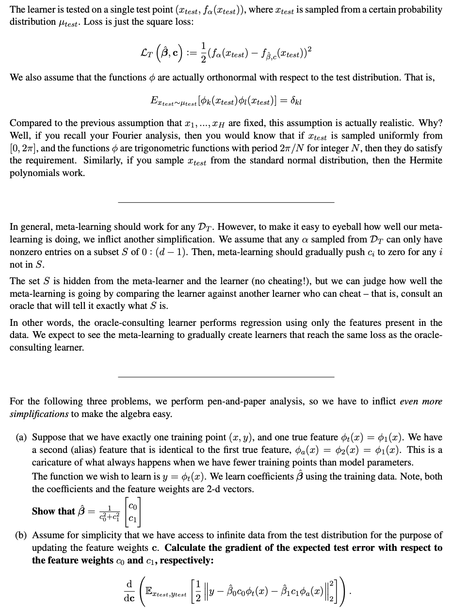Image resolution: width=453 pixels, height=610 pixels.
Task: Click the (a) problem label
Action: click(20, 438)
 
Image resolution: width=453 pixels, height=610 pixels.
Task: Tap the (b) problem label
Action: click(20, 535)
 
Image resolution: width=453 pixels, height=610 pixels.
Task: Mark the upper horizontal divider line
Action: click(226, 202)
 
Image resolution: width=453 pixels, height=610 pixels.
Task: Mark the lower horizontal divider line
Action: click(226, 377)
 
